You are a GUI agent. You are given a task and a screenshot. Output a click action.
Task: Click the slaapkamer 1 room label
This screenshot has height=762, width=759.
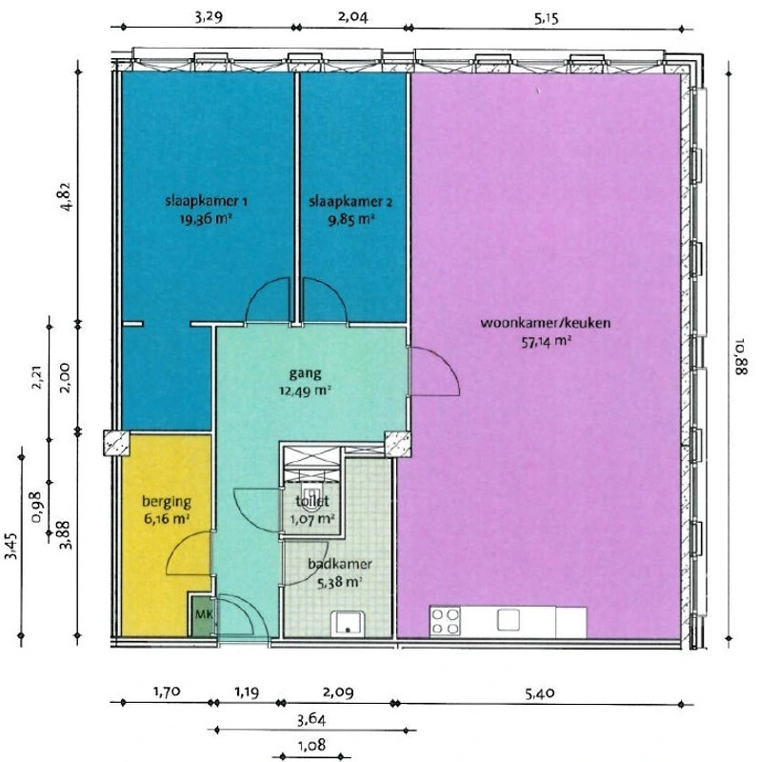pyautogui.click(x=206, y=201)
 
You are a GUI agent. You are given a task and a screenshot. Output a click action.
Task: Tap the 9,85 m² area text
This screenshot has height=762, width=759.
pyautogui.click(x=351, y=220)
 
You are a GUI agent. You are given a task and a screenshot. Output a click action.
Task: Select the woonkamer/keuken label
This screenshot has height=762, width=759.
pyautogui.click(x=546, y=323)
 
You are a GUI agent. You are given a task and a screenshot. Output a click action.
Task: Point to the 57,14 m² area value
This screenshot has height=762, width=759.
pyautogui.click(x=546, y=342)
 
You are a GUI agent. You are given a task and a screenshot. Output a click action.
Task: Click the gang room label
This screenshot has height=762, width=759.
pyautogui.click(x=305, y=373)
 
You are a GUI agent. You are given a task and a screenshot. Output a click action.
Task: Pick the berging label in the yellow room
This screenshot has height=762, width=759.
pyautogui.click(x=167, y=502)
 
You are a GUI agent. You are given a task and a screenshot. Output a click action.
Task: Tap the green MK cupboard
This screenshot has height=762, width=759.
pyautogui.click(x=203, y=614)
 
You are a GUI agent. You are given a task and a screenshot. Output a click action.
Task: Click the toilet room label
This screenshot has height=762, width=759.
pyautogui.click(x=312, y=501)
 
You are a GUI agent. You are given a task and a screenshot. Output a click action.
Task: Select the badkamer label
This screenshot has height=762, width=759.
pyautogui.click(x=340, y=564)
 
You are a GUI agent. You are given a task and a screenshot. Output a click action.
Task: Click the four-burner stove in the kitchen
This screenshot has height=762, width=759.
pyautogui.click(x=445, y=621)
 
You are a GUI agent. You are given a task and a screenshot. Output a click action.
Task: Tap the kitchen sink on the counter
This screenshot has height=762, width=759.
pyautogui.click(x=509, y=620)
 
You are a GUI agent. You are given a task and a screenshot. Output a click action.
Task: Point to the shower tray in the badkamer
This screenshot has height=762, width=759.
pyautogui.click(x=348, y=624)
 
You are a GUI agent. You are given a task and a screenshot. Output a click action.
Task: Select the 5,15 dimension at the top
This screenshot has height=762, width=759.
pyautogui.click(x=547, y=19)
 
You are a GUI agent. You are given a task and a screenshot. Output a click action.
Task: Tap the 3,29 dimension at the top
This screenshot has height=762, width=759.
pyautogui.click(x=209, y=17)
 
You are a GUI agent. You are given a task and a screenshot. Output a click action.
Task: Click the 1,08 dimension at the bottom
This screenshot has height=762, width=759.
pyautogui.click(x=311, y=745)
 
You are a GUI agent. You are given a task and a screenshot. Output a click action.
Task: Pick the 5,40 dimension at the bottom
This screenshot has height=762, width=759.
pyautogui.click(x=540, y=692)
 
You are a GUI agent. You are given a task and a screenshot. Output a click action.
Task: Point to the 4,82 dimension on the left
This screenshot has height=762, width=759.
pyautogui.click(x=66, y=196)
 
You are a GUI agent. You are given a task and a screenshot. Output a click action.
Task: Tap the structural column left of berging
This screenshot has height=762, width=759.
pyautogui.click(x=116, y=443)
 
